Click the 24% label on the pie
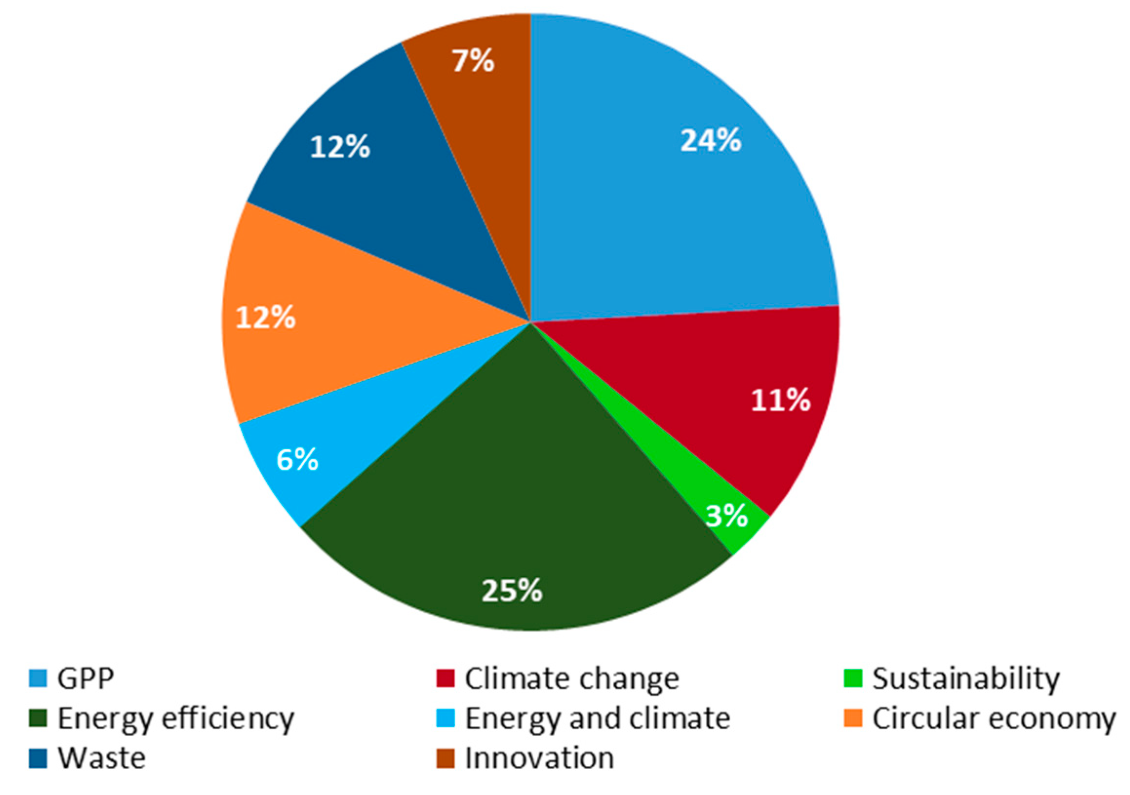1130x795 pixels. pyautogui.click(x=710, y=141)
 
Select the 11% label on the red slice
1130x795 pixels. pyautogui.click(x=780, y=401)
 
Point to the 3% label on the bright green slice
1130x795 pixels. pyautogui.click(x=726, y=516)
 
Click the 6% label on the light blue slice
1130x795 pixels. pyautogui.click(x=297, y=460)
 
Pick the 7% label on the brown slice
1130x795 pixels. pyautogui.click(x=473, y=62)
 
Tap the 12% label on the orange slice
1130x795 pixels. pyautogui.click(x=265, y=317)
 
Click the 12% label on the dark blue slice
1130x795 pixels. pyautogui.click(x=340, y=147)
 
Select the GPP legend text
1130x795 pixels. pyautogui.click(x=86, y=679)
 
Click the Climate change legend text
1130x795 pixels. pyautogui.click(x=572, y=679)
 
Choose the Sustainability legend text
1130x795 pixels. pyautogui.click(x=966, y=679)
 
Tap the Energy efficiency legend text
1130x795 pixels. pyautogui.click(x=175, y=719)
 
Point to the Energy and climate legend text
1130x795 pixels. pyautogui.click(x=598, y=719)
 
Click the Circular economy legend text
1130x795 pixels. pyautogui.click(x=994, y=719)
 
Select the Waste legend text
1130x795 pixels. pyautogui.click(x=102, y=758)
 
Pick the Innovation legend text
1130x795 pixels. pyautogui.click(x=540, y=758)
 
